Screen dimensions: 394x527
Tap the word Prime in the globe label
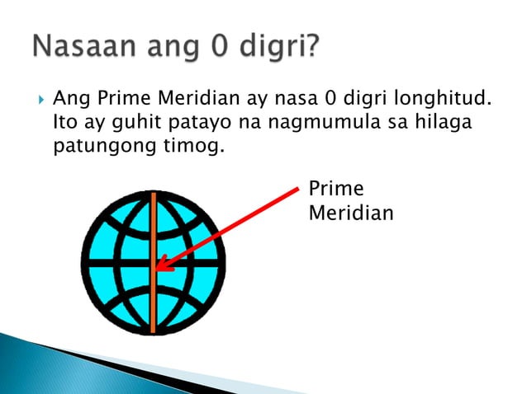335,189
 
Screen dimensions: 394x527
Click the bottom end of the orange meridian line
154,332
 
